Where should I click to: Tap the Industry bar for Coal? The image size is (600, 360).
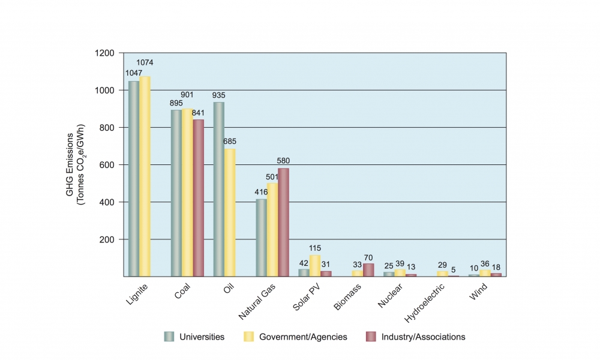point(198,198)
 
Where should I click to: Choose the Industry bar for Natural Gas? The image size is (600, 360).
point(283,222)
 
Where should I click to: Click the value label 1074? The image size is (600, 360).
point(145,62)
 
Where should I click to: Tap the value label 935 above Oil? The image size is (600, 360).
point(219,95)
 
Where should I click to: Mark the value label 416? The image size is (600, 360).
point(261,192)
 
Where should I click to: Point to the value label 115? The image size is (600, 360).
point(316,248)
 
